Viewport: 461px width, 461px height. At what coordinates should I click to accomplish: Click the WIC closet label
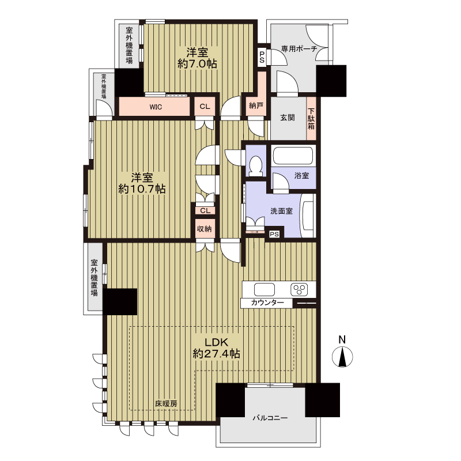click(156, 107)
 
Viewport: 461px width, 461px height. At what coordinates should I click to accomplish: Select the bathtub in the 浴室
click(293, 156)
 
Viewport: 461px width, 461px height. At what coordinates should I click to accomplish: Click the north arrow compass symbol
click(342, 357)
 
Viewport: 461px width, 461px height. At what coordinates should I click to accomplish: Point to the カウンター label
click(267, 303)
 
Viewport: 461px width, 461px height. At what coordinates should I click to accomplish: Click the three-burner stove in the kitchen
click(299, 290)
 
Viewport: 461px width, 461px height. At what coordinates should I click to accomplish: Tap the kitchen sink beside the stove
click(264, 290)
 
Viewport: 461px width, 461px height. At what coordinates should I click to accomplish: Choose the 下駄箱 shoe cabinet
click(311, 119)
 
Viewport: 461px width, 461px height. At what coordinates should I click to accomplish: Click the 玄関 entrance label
click(287, 118)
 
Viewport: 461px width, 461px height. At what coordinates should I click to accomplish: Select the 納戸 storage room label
click(256, 106)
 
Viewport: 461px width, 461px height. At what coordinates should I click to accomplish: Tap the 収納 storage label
click(205, 228)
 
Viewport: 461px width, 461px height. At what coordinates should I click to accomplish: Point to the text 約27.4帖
click(217, 353)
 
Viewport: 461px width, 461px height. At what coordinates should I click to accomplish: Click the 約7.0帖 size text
click(197, 63)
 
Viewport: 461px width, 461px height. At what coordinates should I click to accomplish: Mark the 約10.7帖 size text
click(142, 189)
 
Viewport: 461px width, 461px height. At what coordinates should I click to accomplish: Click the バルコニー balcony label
click(270, 418)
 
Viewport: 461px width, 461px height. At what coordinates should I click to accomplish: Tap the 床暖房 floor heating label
click(166, 404)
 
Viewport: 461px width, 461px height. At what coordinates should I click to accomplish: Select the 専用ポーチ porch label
click(299, 48)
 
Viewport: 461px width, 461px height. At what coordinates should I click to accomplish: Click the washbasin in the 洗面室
click(308, 215)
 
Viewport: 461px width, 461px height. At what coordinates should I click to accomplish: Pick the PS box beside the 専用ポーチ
click(262, 57)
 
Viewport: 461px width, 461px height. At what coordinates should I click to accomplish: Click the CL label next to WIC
click(205, 106)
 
